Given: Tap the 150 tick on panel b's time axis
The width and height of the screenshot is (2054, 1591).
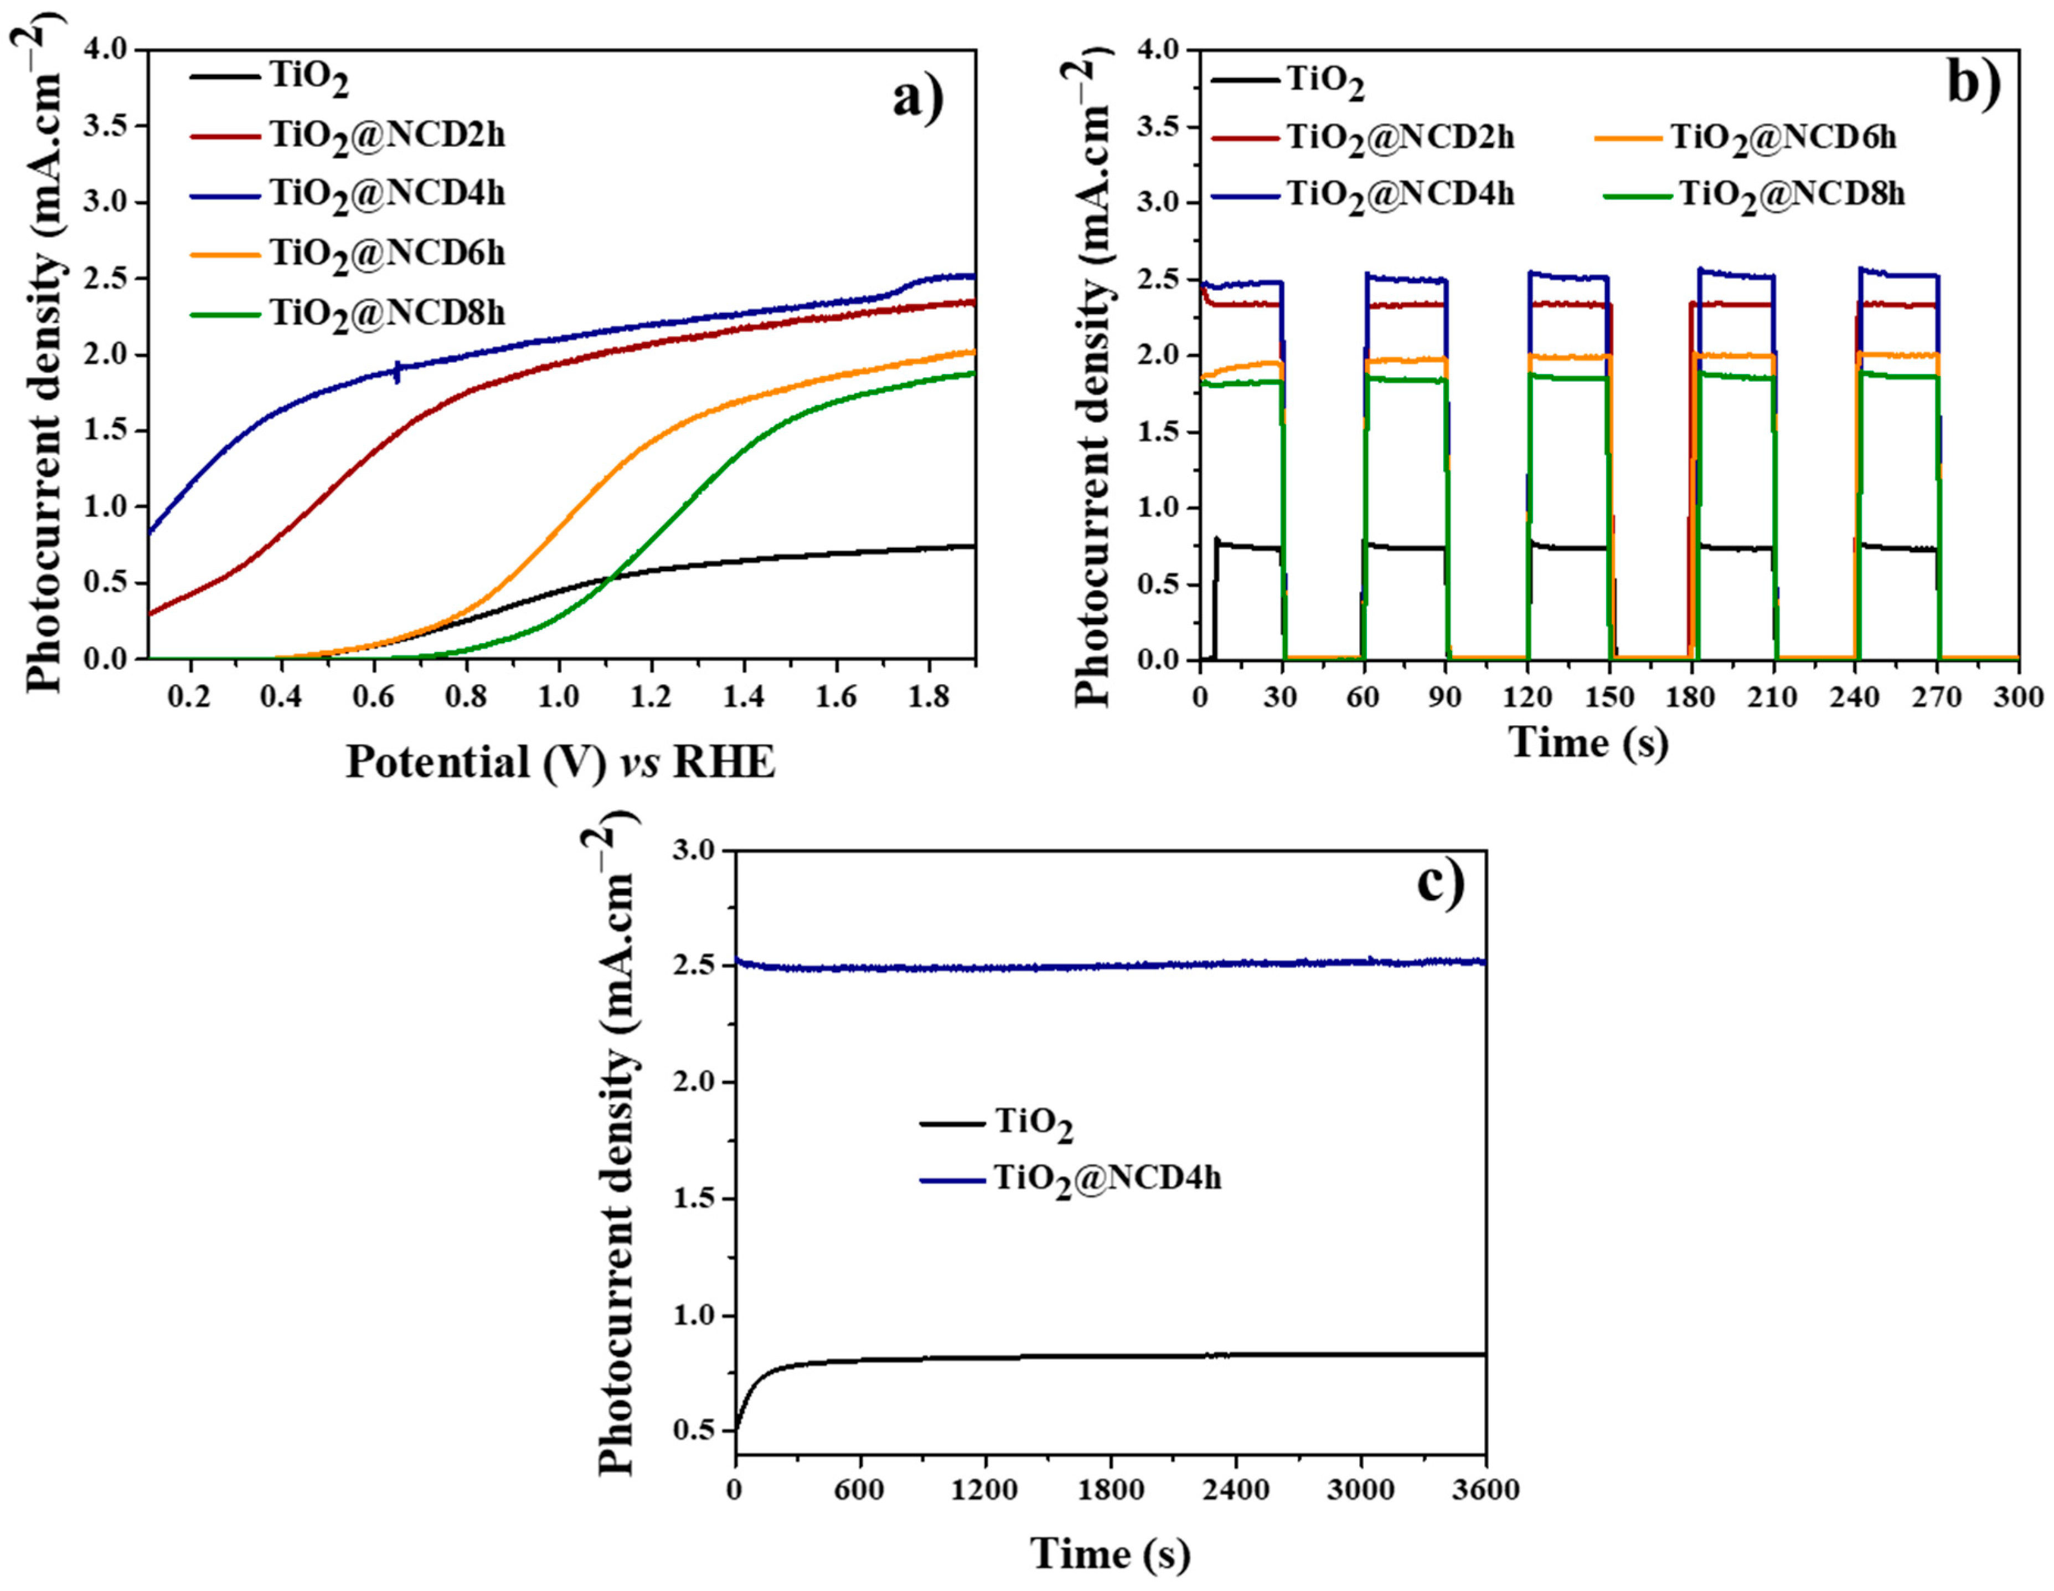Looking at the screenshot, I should click(x=1609, y=698).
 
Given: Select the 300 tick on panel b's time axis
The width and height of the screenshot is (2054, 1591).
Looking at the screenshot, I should click(x=2018, y=698).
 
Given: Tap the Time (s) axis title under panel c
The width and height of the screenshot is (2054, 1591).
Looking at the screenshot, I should click(x=1109, y=1552).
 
